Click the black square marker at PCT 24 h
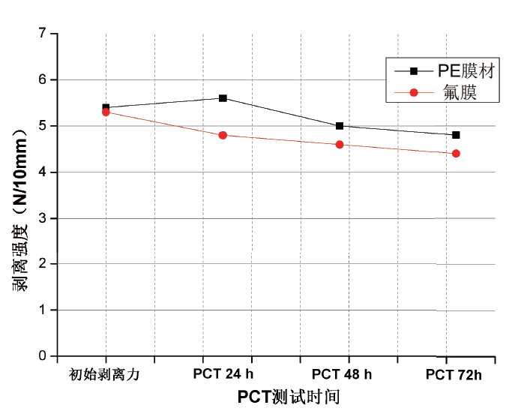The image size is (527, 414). click(x=223, y=98)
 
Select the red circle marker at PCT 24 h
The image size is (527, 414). click(x=223, y=135)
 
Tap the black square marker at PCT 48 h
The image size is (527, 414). click(x=340, y=126)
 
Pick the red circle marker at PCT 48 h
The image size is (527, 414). click(x=340, y=144)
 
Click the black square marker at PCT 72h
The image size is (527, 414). click(x=456, y=135)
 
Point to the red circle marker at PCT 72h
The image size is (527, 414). click(x=456, y=154)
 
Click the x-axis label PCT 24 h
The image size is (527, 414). click(x=223, y=373)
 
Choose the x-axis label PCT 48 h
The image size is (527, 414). click(x=341, y=373)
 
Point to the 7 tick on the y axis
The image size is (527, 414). click(x=43, y=34)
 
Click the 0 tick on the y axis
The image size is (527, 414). click(x=43, y=356)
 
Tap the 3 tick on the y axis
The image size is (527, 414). click(x=43, y=218)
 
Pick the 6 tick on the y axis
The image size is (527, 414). click(x=43, y=79)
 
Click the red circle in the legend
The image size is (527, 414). click(x=412, y=92)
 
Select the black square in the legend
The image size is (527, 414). click(x=412, y=71)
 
